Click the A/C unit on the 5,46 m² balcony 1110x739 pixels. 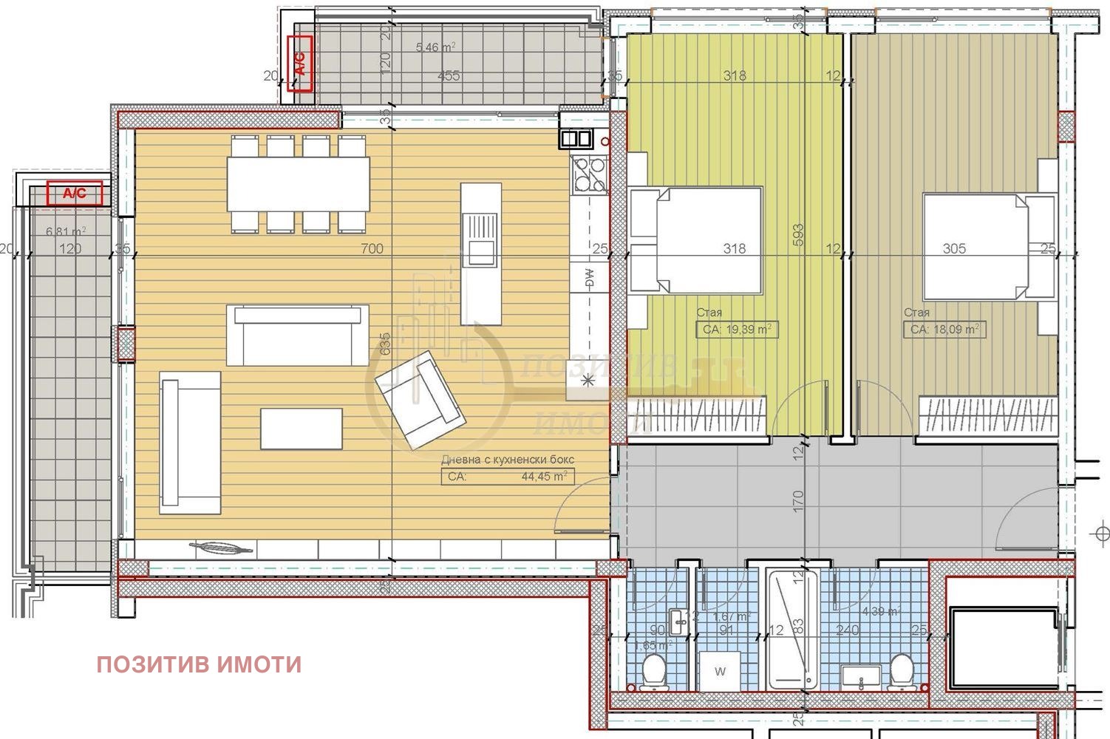click(300, 63)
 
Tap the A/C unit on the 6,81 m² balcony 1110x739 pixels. click(74, 194)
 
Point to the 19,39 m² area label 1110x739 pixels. click(738, 330)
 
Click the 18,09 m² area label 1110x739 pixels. click(944, 330)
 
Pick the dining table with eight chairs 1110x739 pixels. click(298, 184)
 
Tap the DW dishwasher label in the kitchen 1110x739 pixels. click(589, 278)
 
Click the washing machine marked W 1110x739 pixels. click(720, 672)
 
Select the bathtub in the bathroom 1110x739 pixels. click(792, 628)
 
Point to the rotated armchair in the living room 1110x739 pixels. click(420, 400)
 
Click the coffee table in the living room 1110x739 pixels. click(301, 429)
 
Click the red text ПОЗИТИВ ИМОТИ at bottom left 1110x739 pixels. click(199, 664)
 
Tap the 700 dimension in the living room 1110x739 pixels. click(372, 249)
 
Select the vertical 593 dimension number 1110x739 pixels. click(797, 235)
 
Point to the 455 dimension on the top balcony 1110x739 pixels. click(448, 75)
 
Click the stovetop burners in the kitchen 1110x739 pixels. click(589, 174)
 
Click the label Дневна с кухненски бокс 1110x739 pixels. click(508, 460)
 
